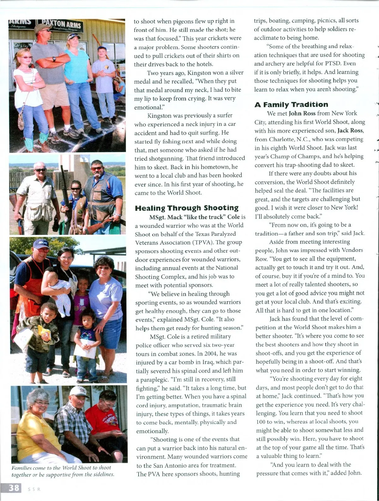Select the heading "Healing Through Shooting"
(186, 208)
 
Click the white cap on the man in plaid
(79, 392)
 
